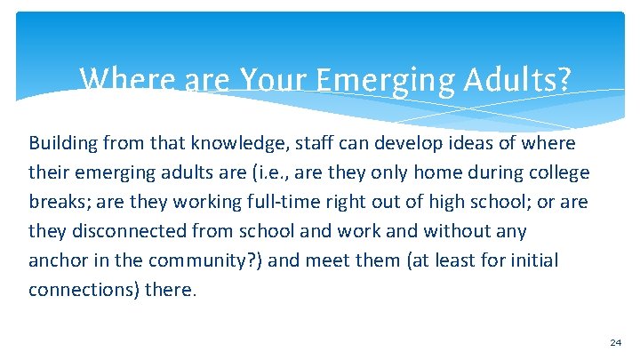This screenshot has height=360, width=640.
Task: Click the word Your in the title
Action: tap(269, 80)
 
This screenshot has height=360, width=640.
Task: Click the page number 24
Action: tap(616, 342)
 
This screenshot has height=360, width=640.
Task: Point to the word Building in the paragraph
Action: tap(64, 143)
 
